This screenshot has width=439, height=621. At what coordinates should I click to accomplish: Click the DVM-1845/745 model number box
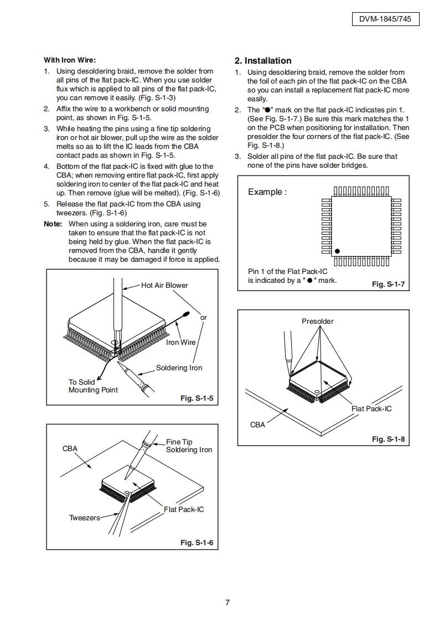(x=385, y=19)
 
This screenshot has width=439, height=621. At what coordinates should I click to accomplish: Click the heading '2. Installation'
(x=263, y=61)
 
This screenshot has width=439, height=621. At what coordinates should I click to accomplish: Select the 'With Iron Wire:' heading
(x=70, y=60)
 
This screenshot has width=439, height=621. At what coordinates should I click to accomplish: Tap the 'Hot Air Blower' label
(x=164, y=286)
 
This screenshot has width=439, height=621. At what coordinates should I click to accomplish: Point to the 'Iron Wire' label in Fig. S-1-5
(x=181, y=342)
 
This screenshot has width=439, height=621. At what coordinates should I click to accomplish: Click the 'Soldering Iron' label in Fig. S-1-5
(x=179, y=368)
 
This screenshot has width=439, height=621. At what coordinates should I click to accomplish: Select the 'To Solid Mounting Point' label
(x=93, y=386)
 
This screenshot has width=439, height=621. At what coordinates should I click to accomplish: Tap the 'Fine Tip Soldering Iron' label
(x=189, y=446)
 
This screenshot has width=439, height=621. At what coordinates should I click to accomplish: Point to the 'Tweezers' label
(x=85, y=518)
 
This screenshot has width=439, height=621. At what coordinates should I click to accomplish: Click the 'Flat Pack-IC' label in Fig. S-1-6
(x=184, y=509)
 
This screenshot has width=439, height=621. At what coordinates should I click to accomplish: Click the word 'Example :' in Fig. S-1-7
(x=267, y=192)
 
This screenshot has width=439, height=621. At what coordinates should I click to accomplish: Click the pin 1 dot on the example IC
(x=337, y=252)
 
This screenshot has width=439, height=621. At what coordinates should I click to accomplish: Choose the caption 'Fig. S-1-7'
(x=388, y=284)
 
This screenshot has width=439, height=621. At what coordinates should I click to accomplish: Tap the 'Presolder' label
(x=318, y=322)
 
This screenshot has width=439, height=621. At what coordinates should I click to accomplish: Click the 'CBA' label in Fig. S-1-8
(x=257, y=425)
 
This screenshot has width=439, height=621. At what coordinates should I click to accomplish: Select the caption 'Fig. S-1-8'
(x=388, y=439)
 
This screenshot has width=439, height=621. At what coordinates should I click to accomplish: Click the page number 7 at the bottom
(x=227, y=603)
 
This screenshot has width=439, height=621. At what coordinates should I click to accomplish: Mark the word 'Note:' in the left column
(x=54, y=224)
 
